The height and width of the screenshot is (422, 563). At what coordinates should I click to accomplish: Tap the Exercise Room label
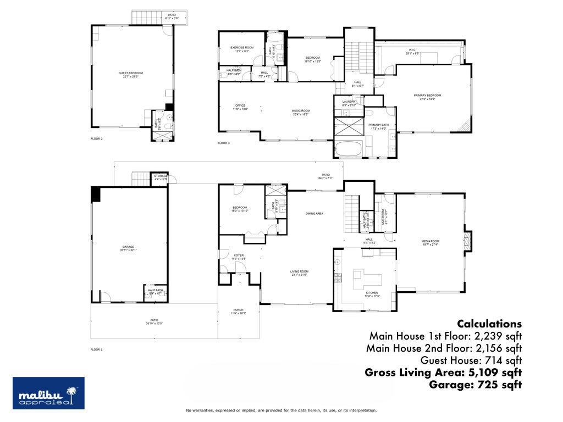(242, 48)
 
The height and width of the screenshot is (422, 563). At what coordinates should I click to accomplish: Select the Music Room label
(301, 112)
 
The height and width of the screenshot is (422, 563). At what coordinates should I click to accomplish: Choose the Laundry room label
(349, 102)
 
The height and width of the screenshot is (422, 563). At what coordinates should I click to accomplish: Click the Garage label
(129, 248)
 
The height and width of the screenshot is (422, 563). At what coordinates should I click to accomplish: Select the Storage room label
(161, 176)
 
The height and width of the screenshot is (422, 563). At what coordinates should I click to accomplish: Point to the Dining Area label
(314, 213)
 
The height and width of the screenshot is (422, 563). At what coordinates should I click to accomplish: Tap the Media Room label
(430, 242)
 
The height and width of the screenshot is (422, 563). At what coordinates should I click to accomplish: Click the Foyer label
(239, 256)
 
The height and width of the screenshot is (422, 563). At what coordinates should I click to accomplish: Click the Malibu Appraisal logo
(48, 393)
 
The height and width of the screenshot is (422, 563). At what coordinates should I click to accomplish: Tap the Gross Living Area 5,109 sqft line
(443, 373)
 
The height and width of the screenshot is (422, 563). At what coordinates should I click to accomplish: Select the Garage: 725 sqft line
(475, 385)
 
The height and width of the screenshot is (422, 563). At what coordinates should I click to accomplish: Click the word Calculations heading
(489, 324)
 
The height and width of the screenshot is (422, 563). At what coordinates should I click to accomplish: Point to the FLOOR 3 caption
(224, 143)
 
